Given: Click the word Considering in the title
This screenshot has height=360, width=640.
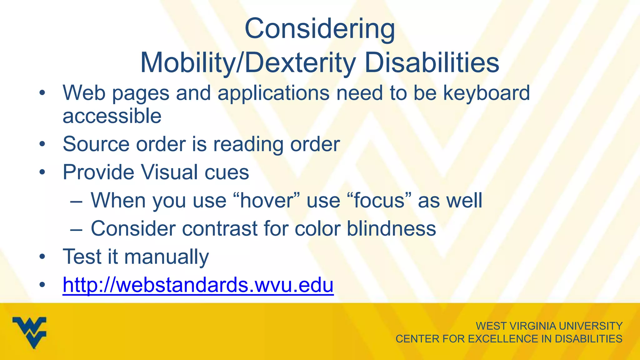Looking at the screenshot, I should point(320,29).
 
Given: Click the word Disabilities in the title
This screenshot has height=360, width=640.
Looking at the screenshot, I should point(432,63).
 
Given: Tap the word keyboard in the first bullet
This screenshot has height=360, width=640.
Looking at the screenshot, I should point(487,93).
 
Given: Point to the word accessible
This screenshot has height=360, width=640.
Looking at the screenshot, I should point(112,116).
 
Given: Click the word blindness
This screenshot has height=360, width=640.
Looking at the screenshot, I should point(391,228).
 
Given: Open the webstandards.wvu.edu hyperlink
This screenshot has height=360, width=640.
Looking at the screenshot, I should point(198,285).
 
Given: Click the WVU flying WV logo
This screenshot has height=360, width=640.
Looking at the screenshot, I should point(30,332).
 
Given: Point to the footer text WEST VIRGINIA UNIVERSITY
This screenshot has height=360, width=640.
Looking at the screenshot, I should point(549,326).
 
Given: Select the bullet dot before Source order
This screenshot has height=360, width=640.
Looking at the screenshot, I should point(42,144).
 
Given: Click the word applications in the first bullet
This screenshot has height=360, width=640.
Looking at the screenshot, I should point(273,93).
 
